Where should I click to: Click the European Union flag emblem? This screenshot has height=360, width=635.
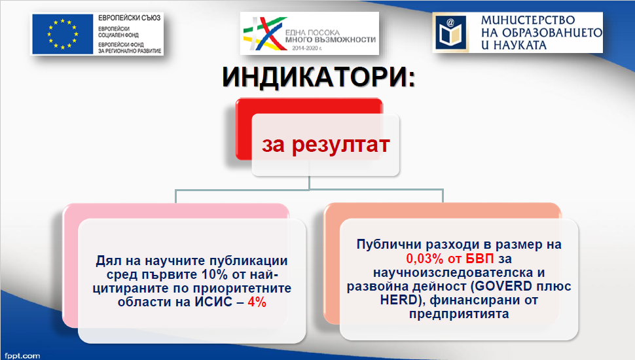(x=63, y=34)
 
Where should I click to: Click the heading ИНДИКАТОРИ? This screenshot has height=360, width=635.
(x=319, y=77)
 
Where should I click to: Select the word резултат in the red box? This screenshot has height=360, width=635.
(x=340, y=145)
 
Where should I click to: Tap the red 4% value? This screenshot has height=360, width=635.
(x=257, y=302)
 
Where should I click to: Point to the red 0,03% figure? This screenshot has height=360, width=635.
(x=425, y=259)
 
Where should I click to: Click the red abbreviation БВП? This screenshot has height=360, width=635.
(x=479, y=259)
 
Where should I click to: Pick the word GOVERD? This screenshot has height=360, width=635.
(x=503, y=286)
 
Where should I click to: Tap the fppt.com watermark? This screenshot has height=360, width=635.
(x=23, y=356)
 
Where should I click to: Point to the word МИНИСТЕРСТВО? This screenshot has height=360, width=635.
(x=528, y=20)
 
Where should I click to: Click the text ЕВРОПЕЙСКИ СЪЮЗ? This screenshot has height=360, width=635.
(x=129, y=18)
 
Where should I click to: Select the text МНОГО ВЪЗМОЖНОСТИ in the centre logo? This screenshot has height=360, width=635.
(x=331, y=40)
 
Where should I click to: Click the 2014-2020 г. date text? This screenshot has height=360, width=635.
(x=308, y=48)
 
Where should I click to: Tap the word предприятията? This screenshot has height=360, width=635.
(x=459, y=314)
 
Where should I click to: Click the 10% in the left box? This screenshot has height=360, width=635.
(x=215, y=274)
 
